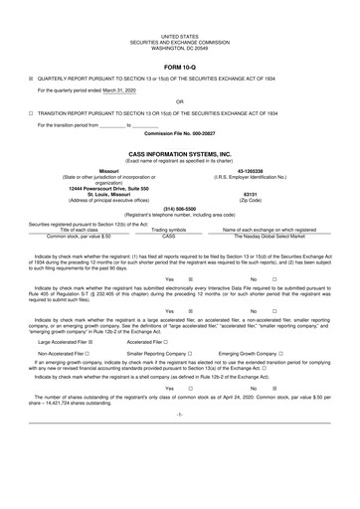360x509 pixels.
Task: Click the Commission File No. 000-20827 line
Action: coord(179,132)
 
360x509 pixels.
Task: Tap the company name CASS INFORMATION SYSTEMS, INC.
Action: coord(179,155)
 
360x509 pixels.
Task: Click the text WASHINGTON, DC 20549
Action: coord(179,21)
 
